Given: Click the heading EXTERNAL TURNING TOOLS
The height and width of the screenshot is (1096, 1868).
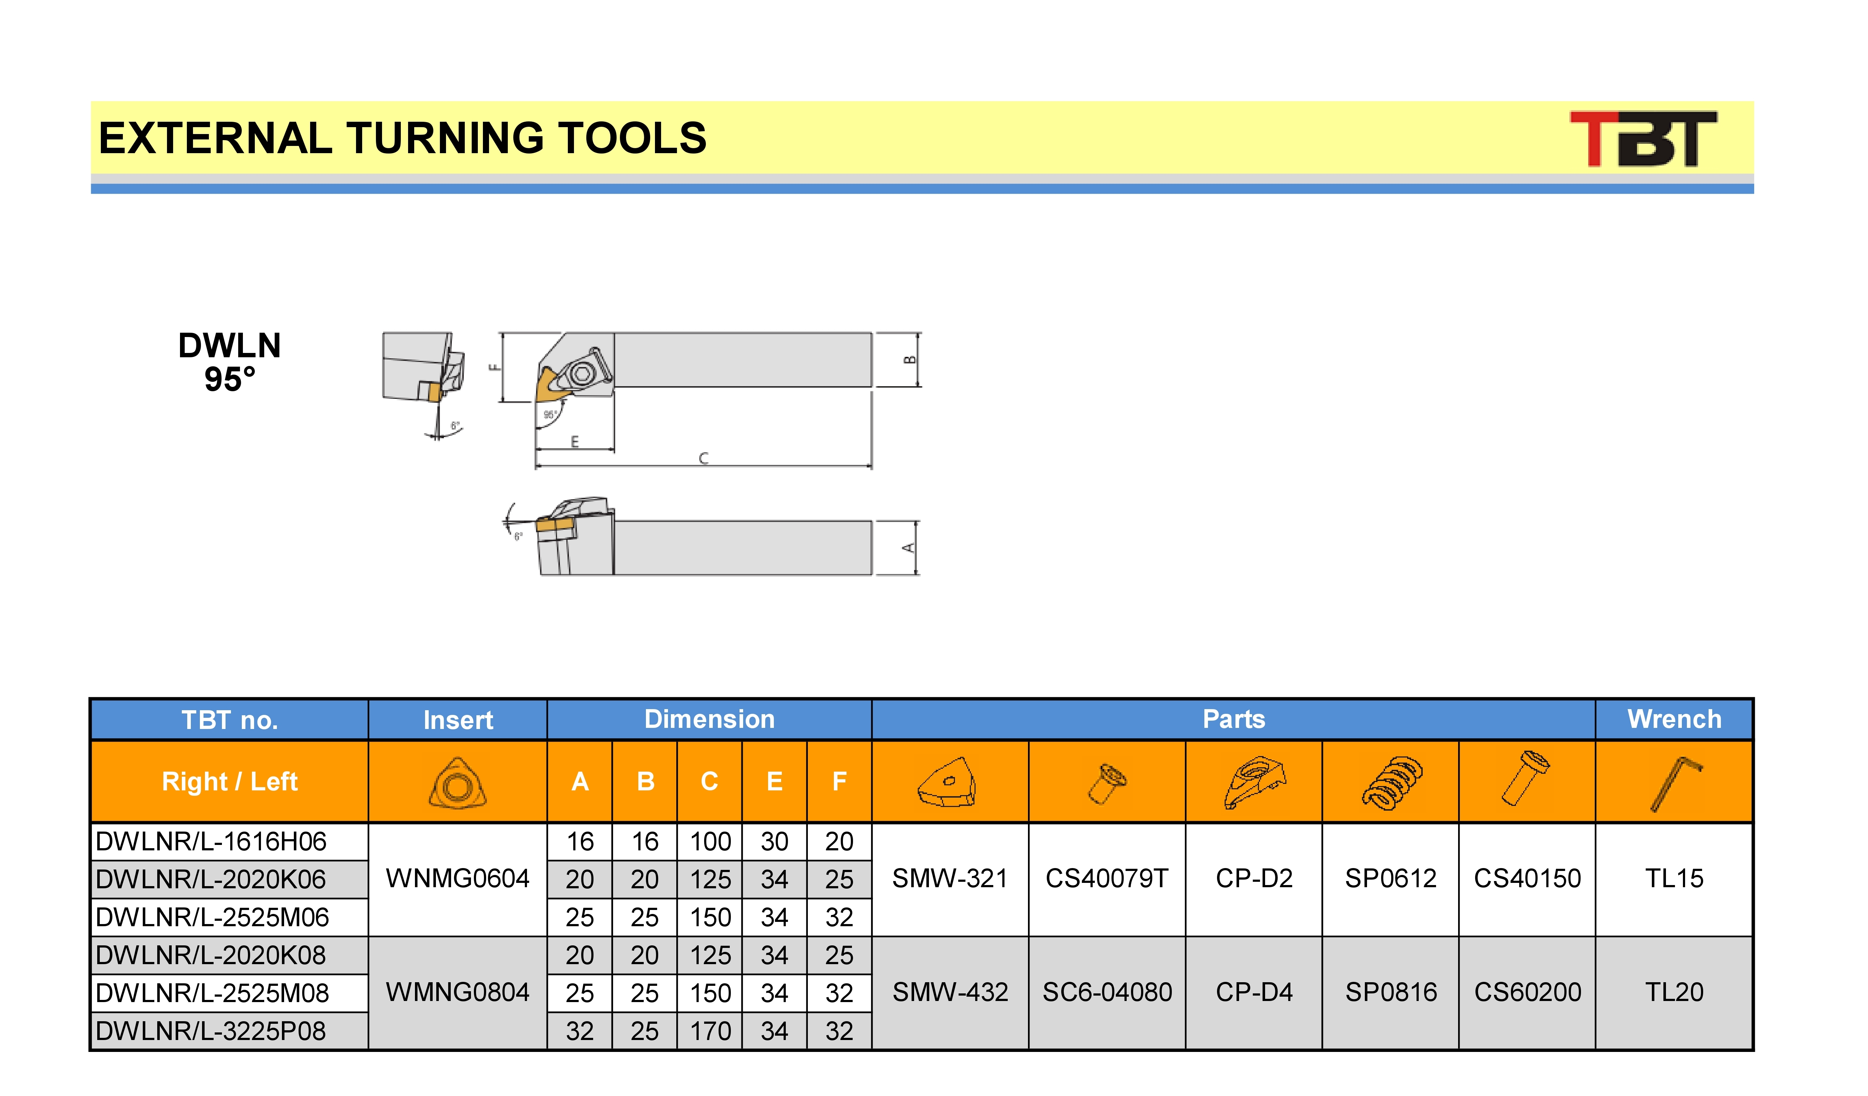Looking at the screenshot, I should click(403, 139).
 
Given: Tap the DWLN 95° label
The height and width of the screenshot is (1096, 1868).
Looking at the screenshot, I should click(230, 362).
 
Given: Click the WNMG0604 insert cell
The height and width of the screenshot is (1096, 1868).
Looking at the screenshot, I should click(457, 879).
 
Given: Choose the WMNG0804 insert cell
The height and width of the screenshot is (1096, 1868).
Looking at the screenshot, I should click(457, 992).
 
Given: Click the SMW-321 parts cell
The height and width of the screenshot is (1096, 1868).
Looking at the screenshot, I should click(950, 879).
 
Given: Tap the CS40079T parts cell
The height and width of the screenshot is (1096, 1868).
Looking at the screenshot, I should click(1107, 879).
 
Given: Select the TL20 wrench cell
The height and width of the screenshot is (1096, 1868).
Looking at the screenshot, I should click(1674, 992).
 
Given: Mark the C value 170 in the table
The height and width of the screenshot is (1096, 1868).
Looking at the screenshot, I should click(710, 1031).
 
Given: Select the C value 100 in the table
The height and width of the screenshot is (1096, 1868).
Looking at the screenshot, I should click(710, 842).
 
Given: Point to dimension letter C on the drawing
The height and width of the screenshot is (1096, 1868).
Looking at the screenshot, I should click(703, 458).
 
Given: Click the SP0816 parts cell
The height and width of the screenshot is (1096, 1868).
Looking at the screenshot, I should click(1391, 992).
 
